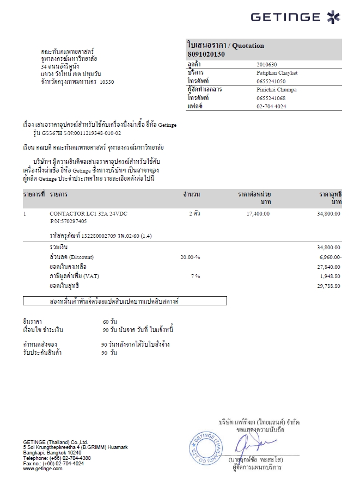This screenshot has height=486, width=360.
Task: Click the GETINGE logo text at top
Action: (286, 17)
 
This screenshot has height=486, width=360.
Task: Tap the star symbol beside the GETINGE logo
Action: (333, 17)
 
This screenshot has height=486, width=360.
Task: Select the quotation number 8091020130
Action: (206, 54)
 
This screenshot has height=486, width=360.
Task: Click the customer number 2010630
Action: (266, 64)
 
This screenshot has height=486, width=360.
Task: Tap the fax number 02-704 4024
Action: (271, 106)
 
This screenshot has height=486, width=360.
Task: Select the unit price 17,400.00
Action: (258, 213)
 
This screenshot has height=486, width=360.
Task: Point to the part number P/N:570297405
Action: (68, 222)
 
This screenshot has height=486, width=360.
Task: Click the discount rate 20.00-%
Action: (190, 256)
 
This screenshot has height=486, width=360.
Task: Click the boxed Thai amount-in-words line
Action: (125, 300)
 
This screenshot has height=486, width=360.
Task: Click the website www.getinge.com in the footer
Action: (42, 469)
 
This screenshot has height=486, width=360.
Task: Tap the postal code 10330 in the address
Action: (107, 82)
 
